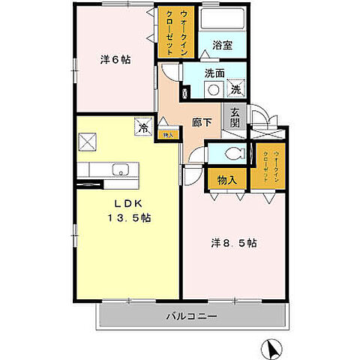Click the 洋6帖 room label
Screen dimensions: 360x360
(x=115, y=60)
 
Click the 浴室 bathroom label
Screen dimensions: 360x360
(x=222, y=45)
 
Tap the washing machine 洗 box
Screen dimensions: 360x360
(x=235, y=88)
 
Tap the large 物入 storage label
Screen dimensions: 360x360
(x=227, y=180)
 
